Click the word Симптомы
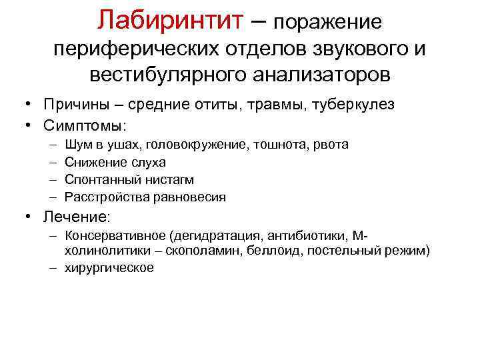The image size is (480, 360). (84, 125)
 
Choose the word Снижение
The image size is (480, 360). (91, 162)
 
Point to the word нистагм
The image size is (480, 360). (152, 179)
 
